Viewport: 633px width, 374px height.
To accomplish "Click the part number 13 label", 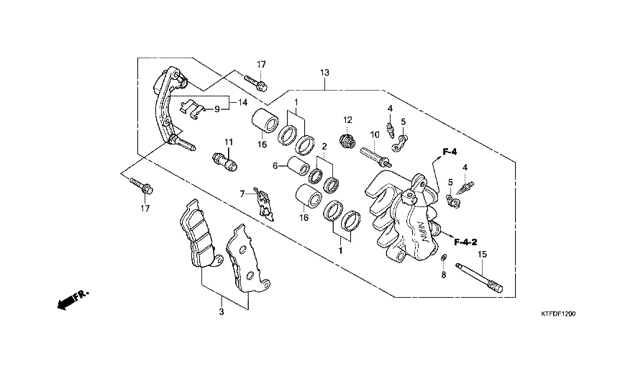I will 325,73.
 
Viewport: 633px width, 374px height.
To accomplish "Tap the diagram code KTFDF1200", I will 559,314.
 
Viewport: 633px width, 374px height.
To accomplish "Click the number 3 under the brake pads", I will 222,312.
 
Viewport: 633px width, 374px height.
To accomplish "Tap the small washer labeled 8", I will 444,259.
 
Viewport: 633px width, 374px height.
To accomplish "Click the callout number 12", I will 347,119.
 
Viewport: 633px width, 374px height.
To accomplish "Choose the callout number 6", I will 275,166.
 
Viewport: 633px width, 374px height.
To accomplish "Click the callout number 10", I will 375,134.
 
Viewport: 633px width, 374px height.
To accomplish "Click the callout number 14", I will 242,103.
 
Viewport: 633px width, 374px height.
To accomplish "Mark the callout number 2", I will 324,147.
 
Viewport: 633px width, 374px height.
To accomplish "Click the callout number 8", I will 444,275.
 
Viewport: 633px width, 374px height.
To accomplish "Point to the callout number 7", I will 243,193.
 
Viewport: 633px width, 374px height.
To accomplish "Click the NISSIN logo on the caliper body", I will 419,232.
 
